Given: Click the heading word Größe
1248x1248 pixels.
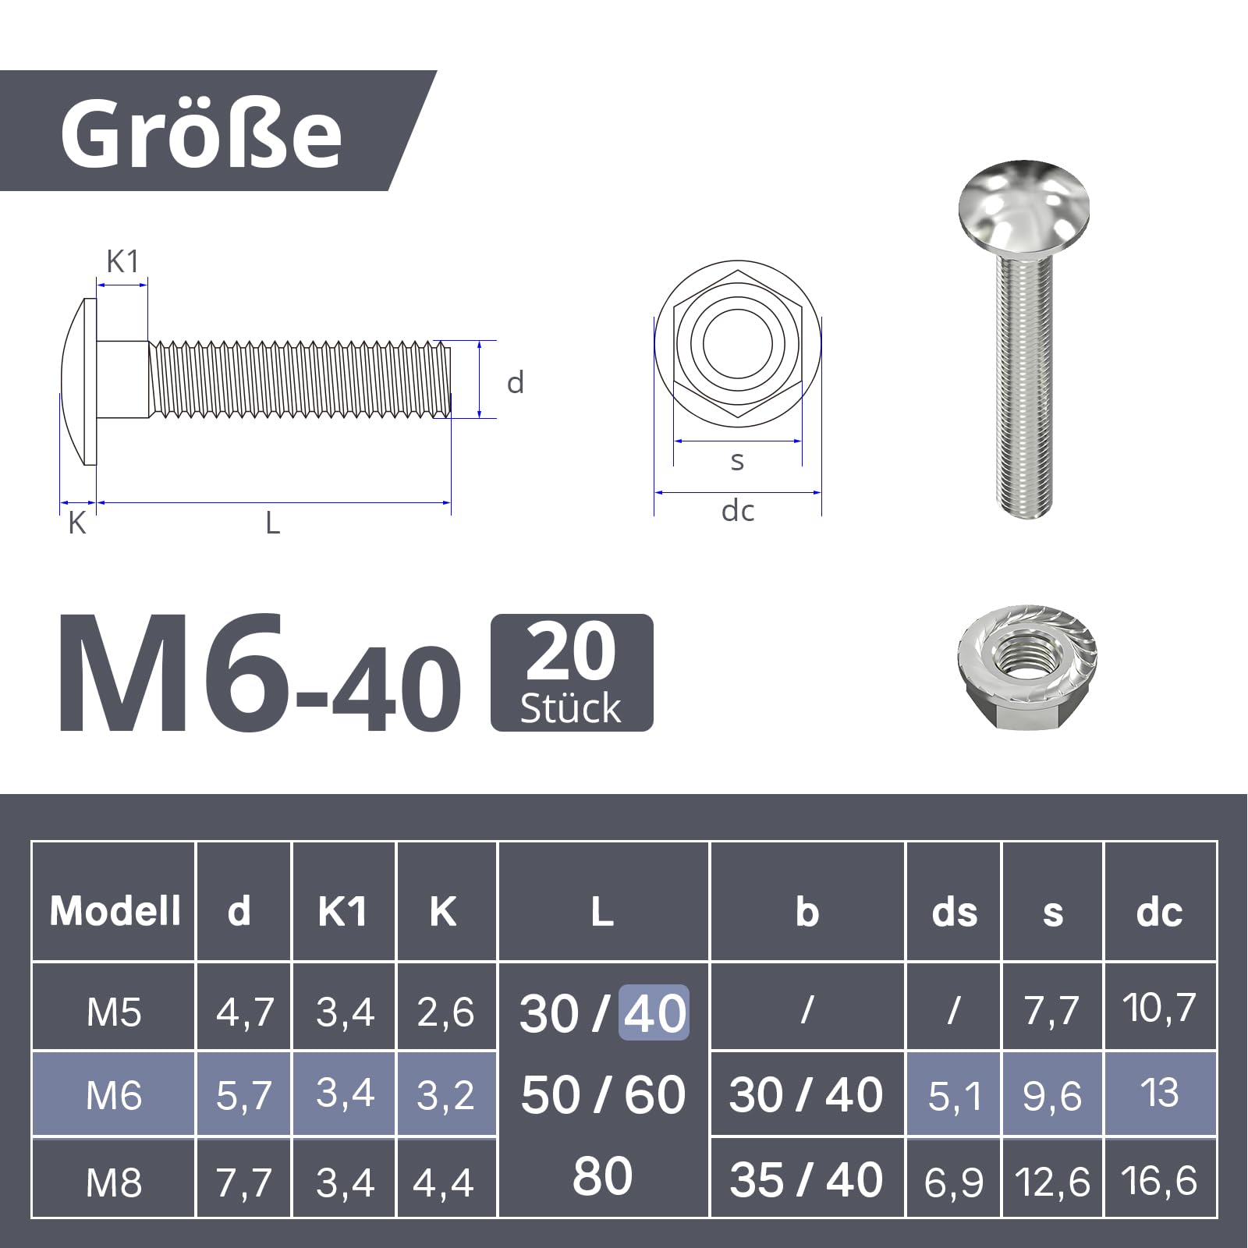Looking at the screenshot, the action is tap(201, 133).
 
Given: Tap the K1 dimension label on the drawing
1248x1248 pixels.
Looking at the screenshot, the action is tap(122, 262).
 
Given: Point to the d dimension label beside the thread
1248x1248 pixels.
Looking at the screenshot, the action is tap(515, 382).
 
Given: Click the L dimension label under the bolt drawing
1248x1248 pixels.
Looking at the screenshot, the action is tap(272, 523).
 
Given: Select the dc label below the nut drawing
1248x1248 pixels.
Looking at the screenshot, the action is tap(737, 511).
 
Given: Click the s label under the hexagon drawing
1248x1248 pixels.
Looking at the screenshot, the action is tap(737, 461).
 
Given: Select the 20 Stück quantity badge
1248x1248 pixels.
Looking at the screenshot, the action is tap(572, 672).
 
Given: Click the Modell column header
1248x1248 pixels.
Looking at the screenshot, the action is tap(115, 910).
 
